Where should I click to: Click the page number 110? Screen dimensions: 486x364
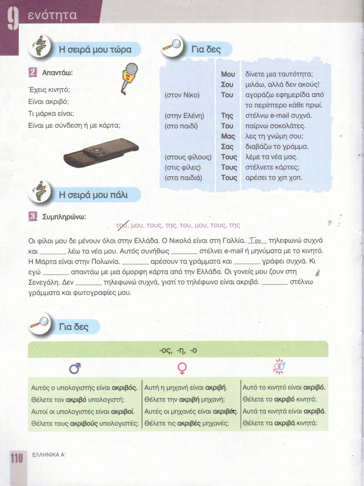17,458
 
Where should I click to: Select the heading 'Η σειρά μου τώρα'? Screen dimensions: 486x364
95,49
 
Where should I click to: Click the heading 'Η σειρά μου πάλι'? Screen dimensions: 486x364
93,195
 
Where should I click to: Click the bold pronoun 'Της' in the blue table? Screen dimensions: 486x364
227,116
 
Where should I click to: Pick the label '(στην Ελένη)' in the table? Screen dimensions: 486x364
184,116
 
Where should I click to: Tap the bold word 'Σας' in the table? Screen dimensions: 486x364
227,147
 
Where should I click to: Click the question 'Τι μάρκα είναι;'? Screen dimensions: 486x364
51,113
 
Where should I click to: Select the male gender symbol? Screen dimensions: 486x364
75,369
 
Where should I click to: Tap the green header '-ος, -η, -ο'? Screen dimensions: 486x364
178,350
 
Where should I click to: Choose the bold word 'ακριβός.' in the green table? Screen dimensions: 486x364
124,388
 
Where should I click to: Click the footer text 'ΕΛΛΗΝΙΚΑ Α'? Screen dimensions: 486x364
49,454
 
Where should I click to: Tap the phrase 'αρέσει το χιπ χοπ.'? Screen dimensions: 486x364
274,178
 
